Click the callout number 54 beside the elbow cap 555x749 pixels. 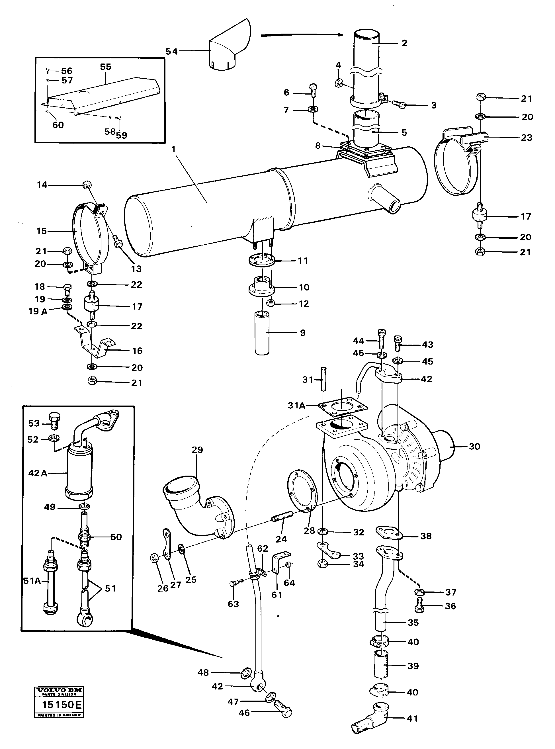171,52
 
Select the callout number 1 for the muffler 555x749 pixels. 173,149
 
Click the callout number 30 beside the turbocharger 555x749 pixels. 474,447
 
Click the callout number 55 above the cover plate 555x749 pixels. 105,67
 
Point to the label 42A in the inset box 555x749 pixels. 37,473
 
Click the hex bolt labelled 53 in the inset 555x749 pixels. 54,419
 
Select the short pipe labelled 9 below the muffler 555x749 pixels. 262,333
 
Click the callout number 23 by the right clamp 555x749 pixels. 527,138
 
